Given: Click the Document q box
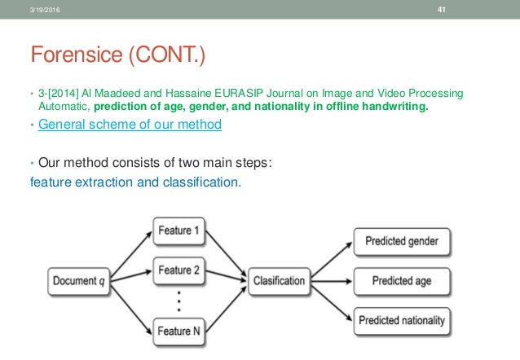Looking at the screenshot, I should [79, 281].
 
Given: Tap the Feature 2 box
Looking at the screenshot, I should [179, 270].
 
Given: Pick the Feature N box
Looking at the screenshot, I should [179, 330].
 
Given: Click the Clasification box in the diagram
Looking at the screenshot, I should [279, 281].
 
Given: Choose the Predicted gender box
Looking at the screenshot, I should [402, 242].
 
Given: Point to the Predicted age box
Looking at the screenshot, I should [402, 281].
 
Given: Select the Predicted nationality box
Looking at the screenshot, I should [402, 320].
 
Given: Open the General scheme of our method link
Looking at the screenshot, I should [130, 125].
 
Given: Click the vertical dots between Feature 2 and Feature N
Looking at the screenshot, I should [178, 300].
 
